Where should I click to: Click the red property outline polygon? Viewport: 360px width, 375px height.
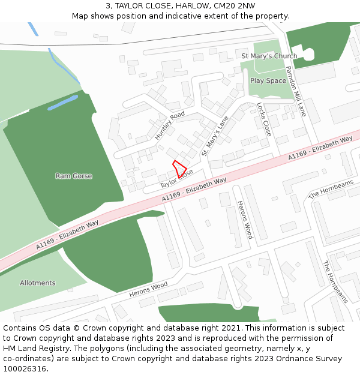[x=179, y=168]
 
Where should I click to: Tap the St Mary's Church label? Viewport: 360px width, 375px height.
[x=269, y=56]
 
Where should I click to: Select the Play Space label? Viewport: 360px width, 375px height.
[x=268, y=80]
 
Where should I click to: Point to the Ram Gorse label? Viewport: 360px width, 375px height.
[x=74, y=176]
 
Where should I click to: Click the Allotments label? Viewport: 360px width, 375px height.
[x=37, y=283]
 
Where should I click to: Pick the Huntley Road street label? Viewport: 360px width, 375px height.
[x=170, y=125]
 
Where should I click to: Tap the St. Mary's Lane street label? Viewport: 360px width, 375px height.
[x=215, y=136]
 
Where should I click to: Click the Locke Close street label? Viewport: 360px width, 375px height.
[x=263, y=119]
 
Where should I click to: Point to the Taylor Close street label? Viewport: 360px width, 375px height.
[x=176, y=177]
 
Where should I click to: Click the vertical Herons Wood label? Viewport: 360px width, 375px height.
[x=245, y=220]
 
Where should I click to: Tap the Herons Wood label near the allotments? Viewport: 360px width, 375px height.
[x=148, y=290]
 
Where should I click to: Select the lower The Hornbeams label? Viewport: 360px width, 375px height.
[x=335, y=282]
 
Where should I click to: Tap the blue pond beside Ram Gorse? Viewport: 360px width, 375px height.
[x=62, y=103]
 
